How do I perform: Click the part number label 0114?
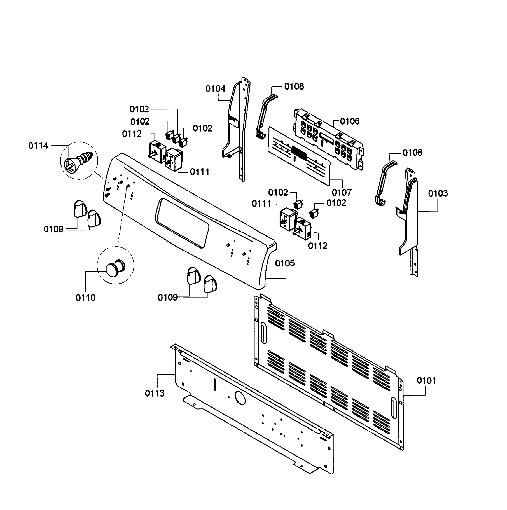38,145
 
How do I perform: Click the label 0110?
85,298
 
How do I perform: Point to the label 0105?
285,263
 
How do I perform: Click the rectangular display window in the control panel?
182,223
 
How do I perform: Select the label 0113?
155,393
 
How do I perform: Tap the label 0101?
426,381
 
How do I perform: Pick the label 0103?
438,193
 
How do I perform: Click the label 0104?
215,89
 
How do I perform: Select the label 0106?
349,121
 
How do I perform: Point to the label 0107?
342,192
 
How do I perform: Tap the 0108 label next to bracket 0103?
412,153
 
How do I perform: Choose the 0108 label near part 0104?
294,86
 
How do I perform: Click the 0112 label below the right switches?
318,246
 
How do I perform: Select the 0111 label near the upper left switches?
200,172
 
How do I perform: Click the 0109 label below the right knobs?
167,297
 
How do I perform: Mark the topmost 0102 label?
139,109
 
